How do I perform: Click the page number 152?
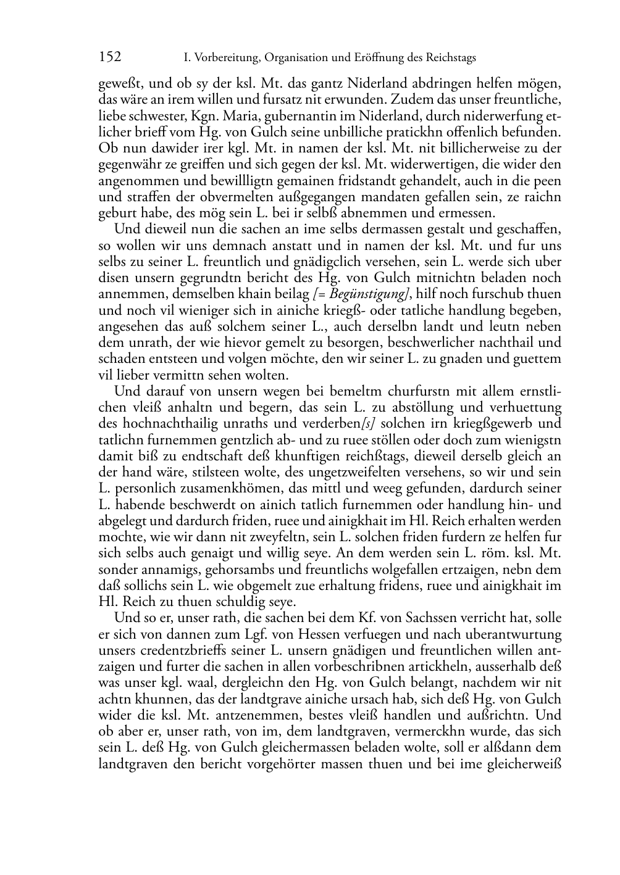tap(110, 57)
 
